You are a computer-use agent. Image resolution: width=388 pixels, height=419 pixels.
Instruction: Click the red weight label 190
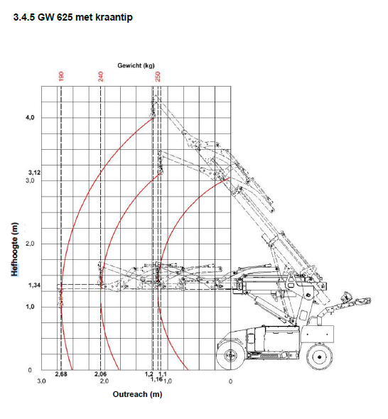click(61, 76)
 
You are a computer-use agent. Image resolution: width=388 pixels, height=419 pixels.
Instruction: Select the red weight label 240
click(101, 76)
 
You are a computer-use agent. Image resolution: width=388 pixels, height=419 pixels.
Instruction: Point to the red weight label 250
click(158, 76)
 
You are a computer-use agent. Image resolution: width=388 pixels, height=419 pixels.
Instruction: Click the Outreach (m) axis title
click(136, 394)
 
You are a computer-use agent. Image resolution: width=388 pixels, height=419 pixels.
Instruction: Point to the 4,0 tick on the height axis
click(31, 117)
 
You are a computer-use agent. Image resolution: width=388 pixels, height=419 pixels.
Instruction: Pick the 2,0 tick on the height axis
click(31, 244)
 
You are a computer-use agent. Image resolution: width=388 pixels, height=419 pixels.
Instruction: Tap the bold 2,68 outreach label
click(60, 374)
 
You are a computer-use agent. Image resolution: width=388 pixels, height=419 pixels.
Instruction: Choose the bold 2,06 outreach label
click(100, 374)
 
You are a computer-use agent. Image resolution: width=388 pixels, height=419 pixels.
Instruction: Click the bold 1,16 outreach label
click(157, 380)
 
